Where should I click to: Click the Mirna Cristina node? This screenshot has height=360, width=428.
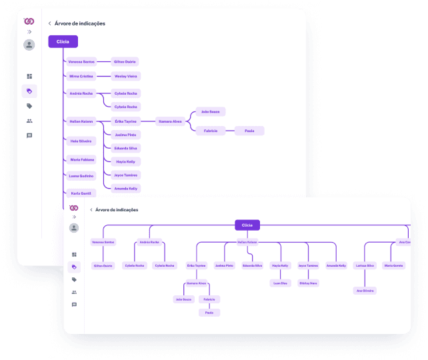pyautogui.click(x=81, y=76)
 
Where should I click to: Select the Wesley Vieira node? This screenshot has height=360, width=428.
pyautogui.click(x=126, y=76)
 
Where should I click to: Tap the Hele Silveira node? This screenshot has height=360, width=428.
pyautogui.click(x=81, y=141)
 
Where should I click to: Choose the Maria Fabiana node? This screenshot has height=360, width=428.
pyautogui.click(x=82, y=159)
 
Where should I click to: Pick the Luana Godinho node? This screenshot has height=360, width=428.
pyautogui.click(x=82, y=176)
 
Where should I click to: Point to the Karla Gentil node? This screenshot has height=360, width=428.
pyautogui.click(x=81, y=193)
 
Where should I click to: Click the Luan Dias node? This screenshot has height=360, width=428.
pyautogui.click(x=280, y=283)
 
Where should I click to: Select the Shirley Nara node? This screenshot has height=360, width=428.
pyautogui.click(x=308, y=283)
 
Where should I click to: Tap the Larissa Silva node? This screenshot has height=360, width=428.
pyautogui.click(x=365, y=265)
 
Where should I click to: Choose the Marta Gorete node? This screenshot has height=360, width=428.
pyautogui.click(x=394, y=265)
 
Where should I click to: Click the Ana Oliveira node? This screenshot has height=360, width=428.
pyautogui.click(x=365, y=291)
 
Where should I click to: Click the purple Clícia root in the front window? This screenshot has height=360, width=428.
pyautogui.click(x=247, y=225)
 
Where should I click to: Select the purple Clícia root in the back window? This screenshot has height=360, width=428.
pyautogui.click(x=63, y=41)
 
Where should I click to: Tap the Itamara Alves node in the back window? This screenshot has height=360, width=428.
pyautogui.click(x=170, y=121)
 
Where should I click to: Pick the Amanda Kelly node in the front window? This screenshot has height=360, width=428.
pyautogui.click(x=336, y=265)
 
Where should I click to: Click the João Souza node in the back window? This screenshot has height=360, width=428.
pyautogui.click(x=210, y=111)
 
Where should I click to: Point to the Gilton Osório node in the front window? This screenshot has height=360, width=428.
pyautogui.click(x=103, y=265)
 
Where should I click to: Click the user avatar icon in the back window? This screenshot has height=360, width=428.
pyautogui.click(x=29, y=45)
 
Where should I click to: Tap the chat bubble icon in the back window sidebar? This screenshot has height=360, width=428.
pyautogui.click(x=29, y=135)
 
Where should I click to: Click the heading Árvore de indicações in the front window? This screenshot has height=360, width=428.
pyautogui.click(x=117, y=209)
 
